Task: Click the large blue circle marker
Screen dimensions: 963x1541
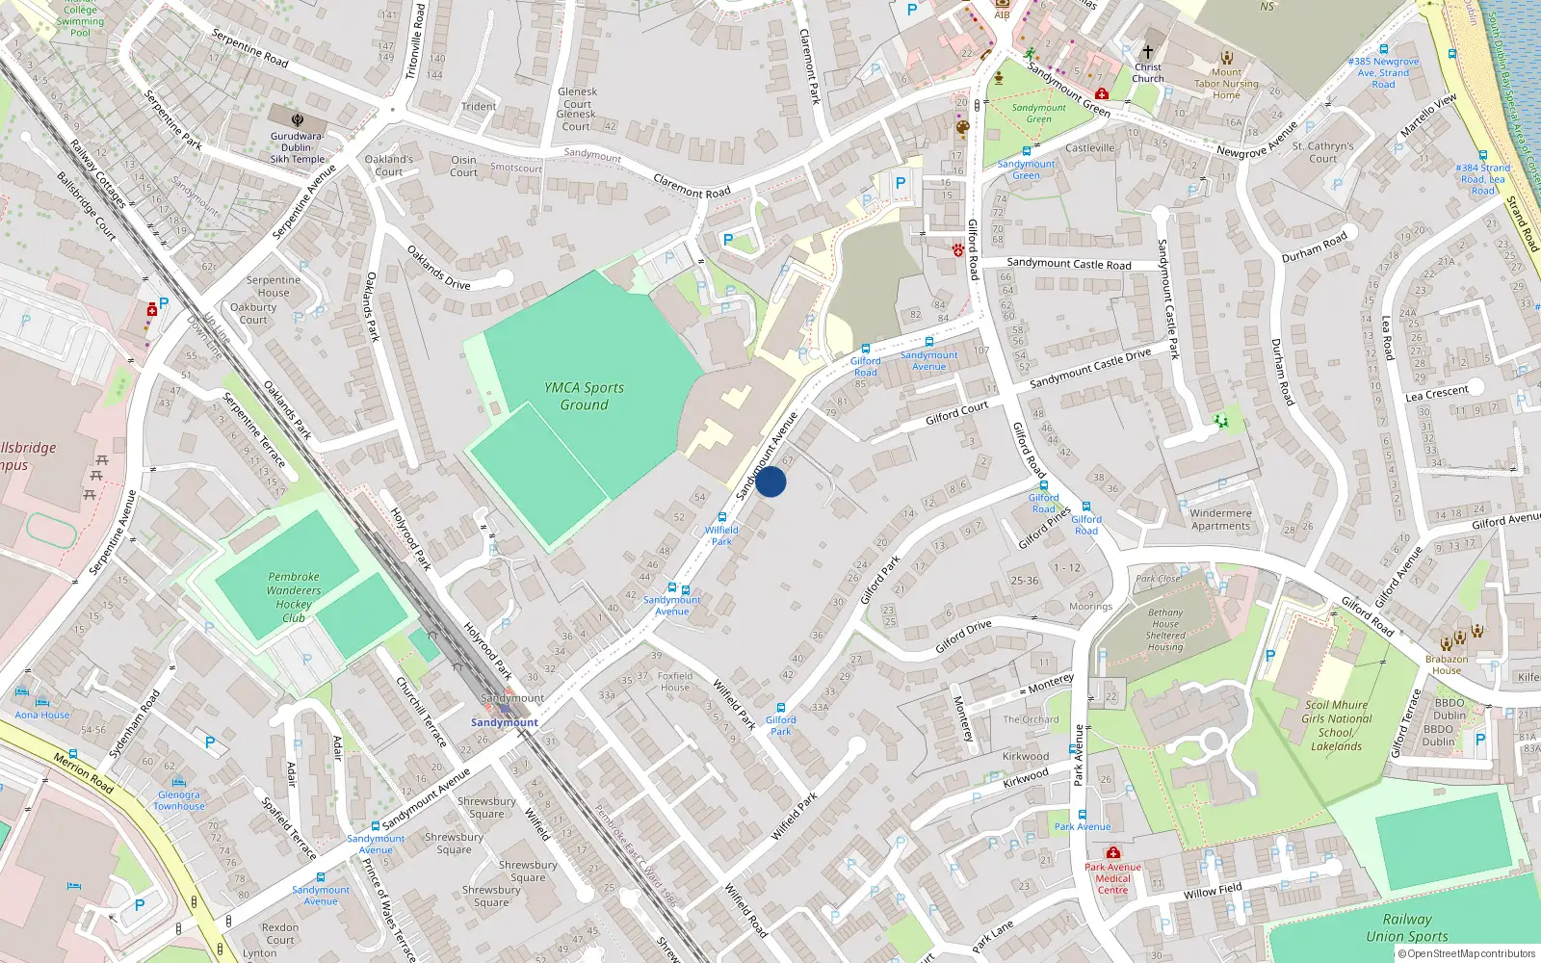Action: [770, 481]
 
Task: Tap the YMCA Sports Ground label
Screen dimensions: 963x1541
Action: [584, 396]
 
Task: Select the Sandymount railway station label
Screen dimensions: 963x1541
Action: [504, 722]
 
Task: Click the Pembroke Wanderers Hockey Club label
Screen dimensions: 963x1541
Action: [294, 597]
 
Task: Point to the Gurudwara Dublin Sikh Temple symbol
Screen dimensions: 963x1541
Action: [298, 121]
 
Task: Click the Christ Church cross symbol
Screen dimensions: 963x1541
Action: [1147, 52]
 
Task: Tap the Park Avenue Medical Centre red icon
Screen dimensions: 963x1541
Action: [1113, 853]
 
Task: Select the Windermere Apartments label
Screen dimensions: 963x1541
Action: [1220, 519]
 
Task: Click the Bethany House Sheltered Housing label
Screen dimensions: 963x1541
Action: [1165, 630]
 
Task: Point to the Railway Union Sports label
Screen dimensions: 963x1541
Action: [1406, 927]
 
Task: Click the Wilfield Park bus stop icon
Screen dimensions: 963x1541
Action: [721, 518]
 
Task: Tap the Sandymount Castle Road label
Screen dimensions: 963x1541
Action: [1068, 264]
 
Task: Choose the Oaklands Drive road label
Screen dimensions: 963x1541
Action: [438, 268]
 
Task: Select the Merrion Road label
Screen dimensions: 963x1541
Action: [83, 773]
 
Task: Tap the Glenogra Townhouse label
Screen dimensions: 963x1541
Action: [179, 800]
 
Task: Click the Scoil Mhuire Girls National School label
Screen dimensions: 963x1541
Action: [1336, 725]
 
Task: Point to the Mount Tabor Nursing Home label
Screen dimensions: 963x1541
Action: [1226, 84]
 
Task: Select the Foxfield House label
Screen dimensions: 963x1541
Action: [674, 681]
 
